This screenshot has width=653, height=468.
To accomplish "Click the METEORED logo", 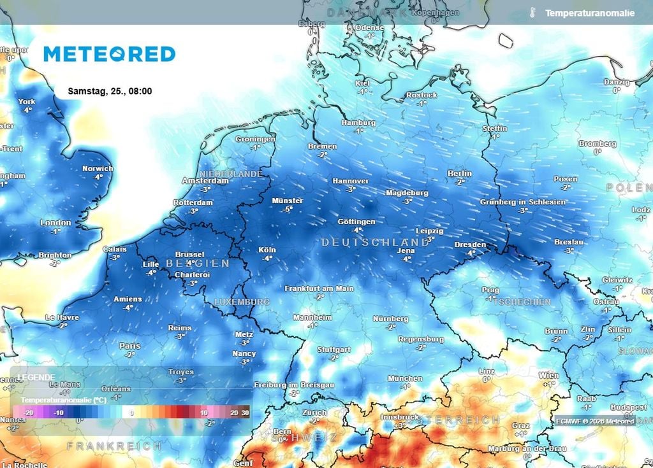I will (109, 54).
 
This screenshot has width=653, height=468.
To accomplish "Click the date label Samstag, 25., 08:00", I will (110, 91).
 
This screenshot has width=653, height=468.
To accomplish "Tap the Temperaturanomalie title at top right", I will (589, 13).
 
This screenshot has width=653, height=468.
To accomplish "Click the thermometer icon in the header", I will (531, 13).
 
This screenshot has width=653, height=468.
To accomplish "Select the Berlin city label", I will (459, 173).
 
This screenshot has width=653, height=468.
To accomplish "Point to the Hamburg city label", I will (358, 122).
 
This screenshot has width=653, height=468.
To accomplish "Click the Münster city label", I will (287, 201).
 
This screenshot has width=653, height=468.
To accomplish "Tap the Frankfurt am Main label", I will (319, 288).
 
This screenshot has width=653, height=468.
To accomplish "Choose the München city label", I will (404, 378).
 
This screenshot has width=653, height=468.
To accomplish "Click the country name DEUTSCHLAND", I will (375, 243).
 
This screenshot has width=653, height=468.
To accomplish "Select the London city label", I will (55, 223).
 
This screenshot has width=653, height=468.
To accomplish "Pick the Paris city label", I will (130, 346).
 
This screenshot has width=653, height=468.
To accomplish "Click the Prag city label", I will (490, 290).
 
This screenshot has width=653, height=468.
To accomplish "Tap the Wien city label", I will (548, 376).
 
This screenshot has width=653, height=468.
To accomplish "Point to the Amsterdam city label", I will (205, 181).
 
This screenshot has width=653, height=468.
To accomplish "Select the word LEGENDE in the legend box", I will (36, 377).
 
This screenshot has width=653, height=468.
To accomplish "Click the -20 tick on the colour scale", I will (28, 413).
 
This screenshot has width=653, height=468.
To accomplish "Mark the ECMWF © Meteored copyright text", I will (594, 421).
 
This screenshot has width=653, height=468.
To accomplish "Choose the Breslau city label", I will (569, 243).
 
